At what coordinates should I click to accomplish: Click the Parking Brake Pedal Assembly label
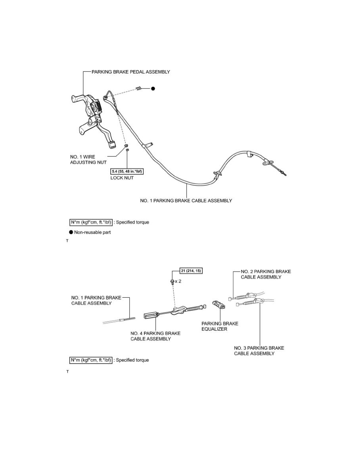click(130, 72)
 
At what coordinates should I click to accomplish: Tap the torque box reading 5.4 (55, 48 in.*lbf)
click(127, 172)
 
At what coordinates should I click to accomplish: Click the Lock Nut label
click(122, 178)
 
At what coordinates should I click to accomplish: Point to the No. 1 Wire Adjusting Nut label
click(88, 159)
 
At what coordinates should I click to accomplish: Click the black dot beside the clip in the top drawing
click(153, 89)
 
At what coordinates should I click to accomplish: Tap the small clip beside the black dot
click(138, 88)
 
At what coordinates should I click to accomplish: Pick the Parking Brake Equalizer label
click(220, 326)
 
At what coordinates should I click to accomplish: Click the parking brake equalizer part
click(218, 304)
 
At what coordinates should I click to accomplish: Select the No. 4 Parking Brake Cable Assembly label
click(155, 336)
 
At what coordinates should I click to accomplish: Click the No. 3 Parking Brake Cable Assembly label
click(259, 350)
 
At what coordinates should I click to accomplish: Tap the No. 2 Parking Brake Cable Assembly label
click(266, 274)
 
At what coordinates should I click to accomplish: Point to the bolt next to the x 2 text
click(172, 282)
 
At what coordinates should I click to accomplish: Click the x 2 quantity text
click(178, 281)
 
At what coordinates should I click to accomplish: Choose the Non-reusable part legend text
click(92, 232)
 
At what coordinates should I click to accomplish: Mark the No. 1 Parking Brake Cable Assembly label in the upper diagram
click(186, 201)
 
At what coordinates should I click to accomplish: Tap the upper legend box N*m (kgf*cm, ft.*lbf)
click(91, 222)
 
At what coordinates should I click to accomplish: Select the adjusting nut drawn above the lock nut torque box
click(126, 146)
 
